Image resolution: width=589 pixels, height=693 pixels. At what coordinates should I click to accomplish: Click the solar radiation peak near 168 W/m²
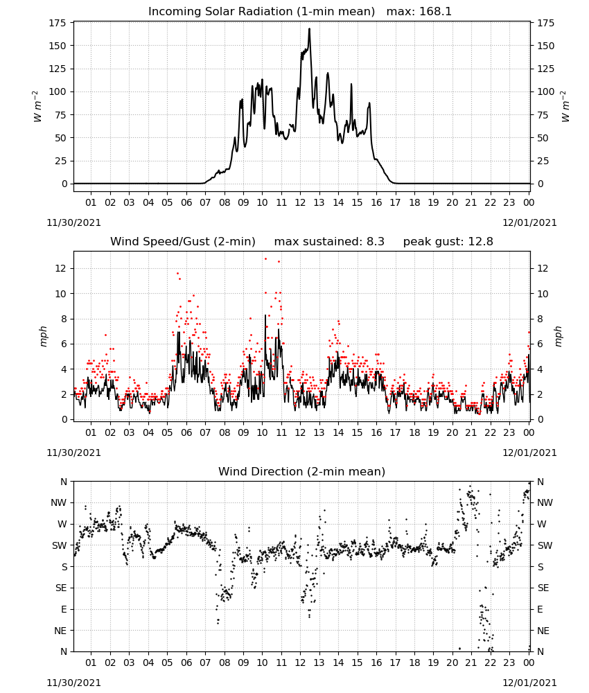(309, 29)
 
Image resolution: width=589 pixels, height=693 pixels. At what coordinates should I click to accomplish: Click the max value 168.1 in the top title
(435, 11)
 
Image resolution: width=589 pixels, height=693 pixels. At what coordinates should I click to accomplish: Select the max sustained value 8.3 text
(375, 241)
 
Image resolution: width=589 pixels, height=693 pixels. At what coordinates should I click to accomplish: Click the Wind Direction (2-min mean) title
(302, 471)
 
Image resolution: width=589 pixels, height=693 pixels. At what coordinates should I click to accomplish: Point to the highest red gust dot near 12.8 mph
(265, 258)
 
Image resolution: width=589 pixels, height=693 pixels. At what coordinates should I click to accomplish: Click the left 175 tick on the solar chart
(58, 23)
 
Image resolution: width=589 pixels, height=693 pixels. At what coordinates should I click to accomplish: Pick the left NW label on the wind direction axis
(59, 502)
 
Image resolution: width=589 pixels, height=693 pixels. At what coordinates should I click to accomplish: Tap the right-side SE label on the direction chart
(543, 588)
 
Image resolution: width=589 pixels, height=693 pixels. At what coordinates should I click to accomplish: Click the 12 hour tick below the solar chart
(300, 202)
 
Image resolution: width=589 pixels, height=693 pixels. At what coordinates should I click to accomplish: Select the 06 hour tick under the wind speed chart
(186, 432)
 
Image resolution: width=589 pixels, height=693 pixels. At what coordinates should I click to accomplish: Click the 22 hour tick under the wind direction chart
(490, 663)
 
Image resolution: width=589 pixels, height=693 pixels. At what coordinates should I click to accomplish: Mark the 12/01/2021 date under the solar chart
(529, 222)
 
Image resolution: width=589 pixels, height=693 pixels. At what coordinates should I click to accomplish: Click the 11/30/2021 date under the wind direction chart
(73, 683)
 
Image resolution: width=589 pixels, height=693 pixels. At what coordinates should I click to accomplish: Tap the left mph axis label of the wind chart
(43, 336)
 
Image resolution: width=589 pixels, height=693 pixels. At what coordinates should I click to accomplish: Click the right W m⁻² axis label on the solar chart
(565, 107)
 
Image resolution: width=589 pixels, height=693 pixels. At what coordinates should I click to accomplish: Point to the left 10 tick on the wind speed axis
(61, 294)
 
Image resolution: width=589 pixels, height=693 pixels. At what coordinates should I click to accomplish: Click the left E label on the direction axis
(64, 609)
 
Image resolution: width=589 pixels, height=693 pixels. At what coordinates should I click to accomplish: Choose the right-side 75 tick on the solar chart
(543, 115)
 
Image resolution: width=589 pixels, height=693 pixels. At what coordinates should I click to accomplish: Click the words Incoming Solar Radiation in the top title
(220, 11)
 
